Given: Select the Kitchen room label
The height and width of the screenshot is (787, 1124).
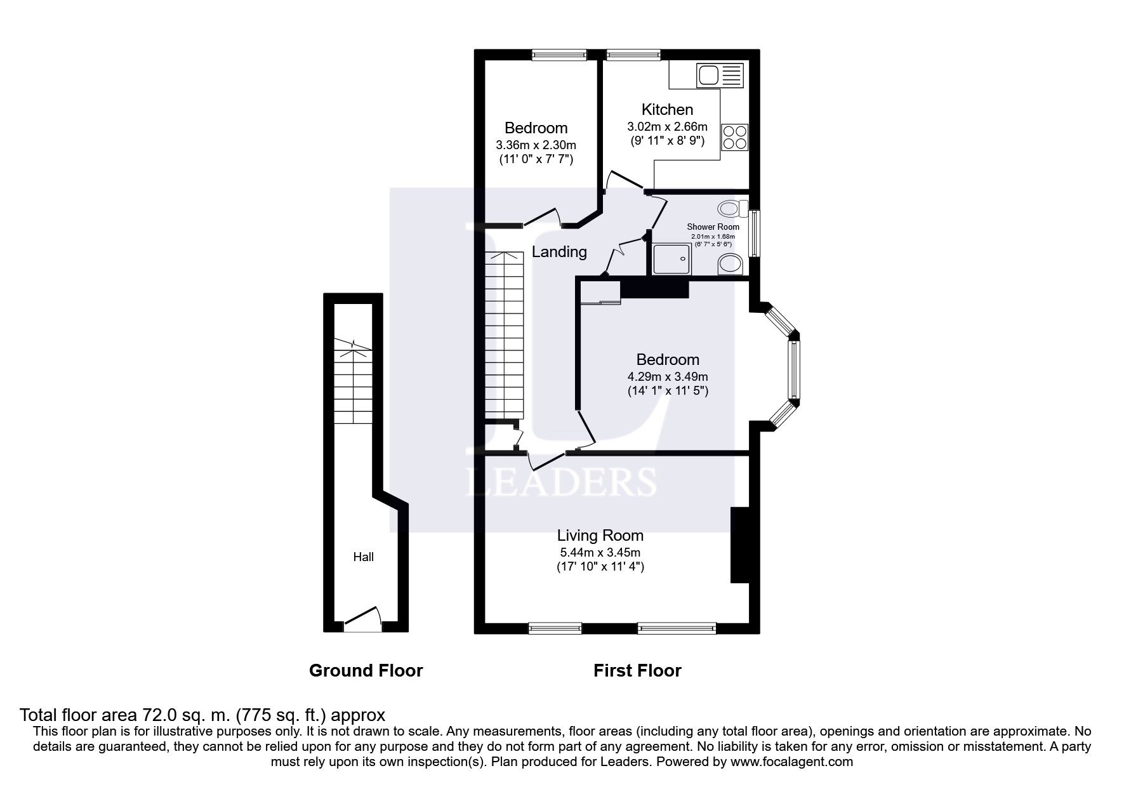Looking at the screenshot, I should point(667,109).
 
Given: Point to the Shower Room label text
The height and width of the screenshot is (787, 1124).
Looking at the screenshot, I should point(713,227).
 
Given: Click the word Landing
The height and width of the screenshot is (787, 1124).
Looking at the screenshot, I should point(559,252).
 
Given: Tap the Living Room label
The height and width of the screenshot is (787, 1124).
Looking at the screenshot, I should point(600,536).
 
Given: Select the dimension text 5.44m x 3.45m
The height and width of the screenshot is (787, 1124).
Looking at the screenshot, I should point(600,552).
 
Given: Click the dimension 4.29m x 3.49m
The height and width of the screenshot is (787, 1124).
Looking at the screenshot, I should point(668,377).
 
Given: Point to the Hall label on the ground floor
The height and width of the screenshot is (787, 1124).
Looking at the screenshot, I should point(364,557).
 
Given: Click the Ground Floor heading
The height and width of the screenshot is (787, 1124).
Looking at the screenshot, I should point(366,670).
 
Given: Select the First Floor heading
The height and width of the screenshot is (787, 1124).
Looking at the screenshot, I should point(637,670).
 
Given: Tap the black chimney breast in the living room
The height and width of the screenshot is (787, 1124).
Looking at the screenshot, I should point(740,544).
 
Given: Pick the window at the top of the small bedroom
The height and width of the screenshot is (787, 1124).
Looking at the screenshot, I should point(559,55).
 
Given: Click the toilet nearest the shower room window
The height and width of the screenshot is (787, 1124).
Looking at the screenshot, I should point(730,209).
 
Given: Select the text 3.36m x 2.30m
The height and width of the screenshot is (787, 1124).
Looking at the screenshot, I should point(536,145).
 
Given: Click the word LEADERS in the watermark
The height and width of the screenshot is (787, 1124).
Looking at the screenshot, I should point(561,482).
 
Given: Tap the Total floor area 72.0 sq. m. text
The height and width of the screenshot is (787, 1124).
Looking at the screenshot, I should point(202,715).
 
